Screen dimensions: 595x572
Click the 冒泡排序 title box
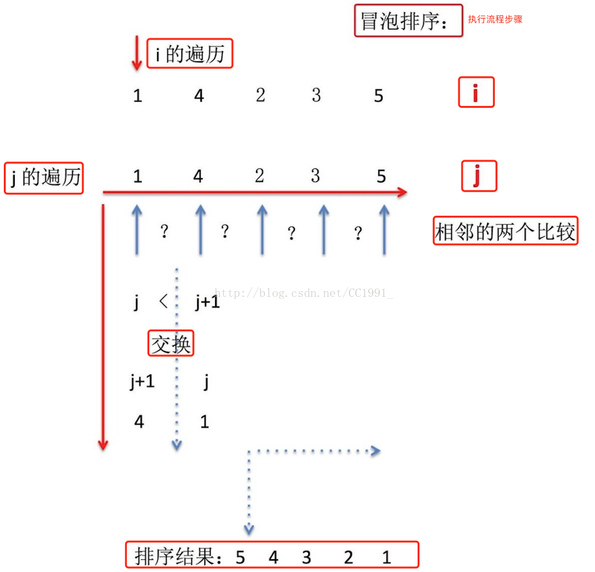[409, 21]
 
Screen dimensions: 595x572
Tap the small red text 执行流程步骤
[495, 19]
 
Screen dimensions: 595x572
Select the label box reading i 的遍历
[190, 54]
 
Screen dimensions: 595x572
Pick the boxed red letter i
[476, 94]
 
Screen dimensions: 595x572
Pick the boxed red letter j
[479, 176]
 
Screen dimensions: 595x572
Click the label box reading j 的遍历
[44, 177]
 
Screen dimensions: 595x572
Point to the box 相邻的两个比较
[505, 230]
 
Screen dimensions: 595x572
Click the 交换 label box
[170, 344]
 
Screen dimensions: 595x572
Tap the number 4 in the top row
[199, 96]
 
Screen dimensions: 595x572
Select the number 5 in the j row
[381, 176]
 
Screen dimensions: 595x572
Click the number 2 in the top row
[260, 95]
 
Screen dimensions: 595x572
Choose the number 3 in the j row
[315, 176]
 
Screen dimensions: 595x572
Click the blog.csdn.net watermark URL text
[303, 293]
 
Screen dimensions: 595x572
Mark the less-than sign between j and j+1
[163, 301]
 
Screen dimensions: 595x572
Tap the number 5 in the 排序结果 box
[240, 557]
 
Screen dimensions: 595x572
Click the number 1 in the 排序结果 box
[386, 557]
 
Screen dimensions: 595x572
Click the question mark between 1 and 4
[164, 231]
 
